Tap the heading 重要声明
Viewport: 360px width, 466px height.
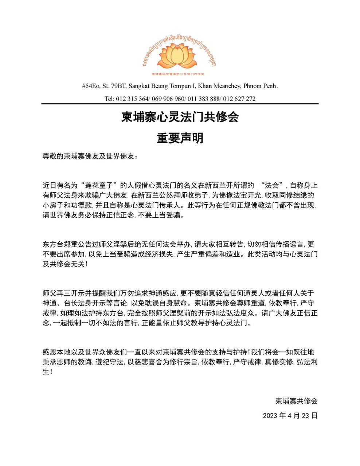pyautogui.click(x=180, y=138)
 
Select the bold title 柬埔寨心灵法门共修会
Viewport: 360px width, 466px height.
pyautogui.click(x=180, y=117)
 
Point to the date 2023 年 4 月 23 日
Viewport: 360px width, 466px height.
pyautogui.click(x=290, y=415)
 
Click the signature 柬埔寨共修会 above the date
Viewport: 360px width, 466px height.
pyautogui.click(x=296, y=401)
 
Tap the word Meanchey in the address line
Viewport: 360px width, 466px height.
pyautogui.click(x=226, y=86)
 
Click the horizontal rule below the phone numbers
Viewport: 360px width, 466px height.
pyautogui.click(x=180, y=104)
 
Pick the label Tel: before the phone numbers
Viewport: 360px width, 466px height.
pyautogui.click(x=109, y=99)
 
